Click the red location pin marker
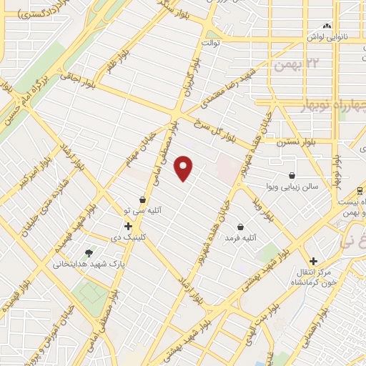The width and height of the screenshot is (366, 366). point(184,168)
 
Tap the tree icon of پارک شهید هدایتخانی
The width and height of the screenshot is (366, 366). point(89,252)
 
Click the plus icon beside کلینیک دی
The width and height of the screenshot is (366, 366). point(128,226)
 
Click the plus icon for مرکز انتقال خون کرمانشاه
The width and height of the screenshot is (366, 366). point(313,261)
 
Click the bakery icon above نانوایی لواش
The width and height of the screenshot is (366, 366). point(327,26)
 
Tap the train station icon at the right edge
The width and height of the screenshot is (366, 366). point(359,190)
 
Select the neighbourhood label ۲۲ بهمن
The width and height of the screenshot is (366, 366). point(293,66)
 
